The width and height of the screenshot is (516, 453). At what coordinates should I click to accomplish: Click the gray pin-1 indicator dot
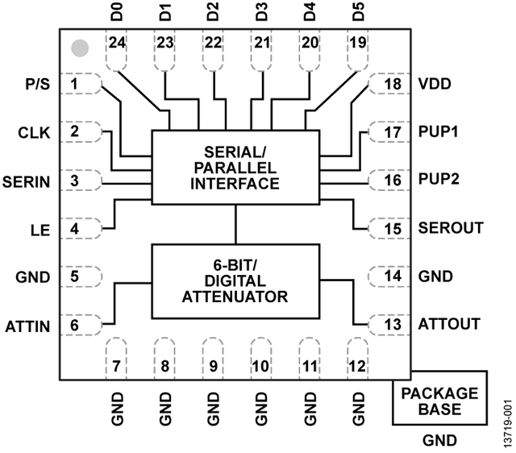click(80, 48)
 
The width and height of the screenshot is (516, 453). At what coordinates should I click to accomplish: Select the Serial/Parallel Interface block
click(235, 168)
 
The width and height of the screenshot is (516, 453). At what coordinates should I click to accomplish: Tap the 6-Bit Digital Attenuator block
click(235, 281)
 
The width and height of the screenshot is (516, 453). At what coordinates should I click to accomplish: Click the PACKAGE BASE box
click(439, 397)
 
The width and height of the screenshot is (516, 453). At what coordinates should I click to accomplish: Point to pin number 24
click(117, 43)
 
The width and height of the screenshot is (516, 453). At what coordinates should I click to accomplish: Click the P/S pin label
click(38, 84)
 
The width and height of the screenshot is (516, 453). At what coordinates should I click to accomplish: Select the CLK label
click(34, 133)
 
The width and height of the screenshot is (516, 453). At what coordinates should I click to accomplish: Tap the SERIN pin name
click(27, 182)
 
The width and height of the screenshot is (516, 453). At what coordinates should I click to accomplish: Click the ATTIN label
click(27, 326)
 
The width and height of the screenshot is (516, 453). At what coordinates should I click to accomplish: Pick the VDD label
click(435, 84)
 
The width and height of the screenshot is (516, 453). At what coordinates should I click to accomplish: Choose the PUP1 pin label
click(438, 131)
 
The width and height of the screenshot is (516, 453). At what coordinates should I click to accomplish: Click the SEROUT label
click(451, 227)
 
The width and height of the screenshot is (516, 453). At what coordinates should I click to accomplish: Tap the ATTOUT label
click(449, 324)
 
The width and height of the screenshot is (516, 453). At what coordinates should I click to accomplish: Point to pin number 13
click(393, 325)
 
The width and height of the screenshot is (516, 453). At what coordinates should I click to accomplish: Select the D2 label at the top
click(213, 11)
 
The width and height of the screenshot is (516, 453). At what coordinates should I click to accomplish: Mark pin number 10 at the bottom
click(261, 366)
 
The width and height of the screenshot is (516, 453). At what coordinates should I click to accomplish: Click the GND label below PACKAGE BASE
click(439, 440)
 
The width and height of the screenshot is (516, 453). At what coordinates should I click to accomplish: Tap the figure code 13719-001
click(508, 423)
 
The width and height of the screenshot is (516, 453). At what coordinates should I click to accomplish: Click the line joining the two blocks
click(235, 224)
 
